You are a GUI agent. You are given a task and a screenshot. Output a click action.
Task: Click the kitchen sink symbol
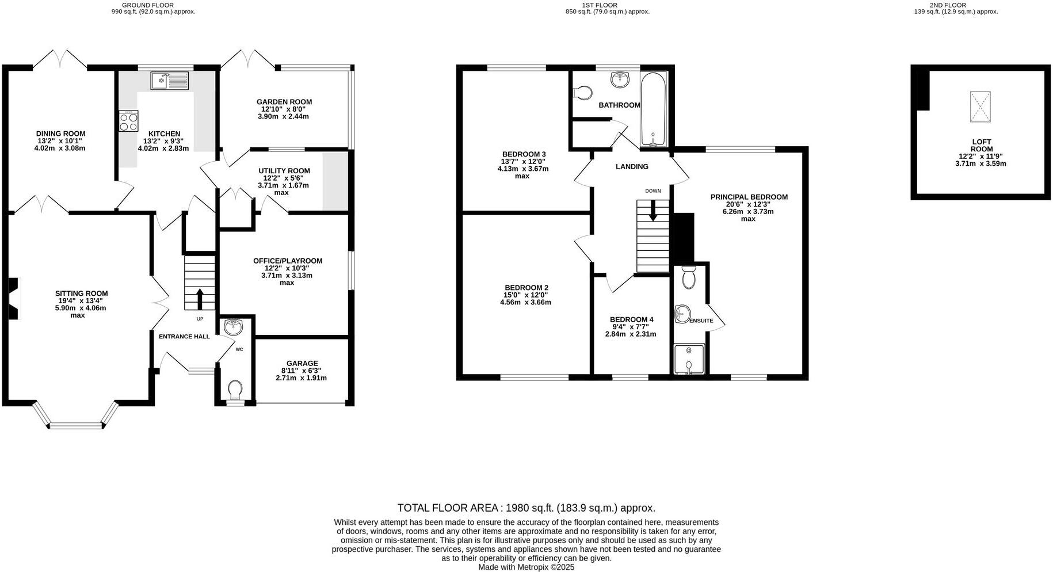click(170, 81)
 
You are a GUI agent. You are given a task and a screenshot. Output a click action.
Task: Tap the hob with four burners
click(128, 121)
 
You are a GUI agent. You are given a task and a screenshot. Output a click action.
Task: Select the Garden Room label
click(284, 102)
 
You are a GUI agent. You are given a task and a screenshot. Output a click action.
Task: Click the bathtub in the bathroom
click(653, 109)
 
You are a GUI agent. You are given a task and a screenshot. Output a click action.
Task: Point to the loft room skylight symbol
click(981, 106)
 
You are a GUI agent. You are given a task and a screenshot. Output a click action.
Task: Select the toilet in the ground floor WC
click(235, 390)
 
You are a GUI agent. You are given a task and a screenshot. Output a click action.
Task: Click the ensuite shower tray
click(689, 359)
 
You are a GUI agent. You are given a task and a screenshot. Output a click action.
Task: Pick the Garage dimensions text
click(301, 378)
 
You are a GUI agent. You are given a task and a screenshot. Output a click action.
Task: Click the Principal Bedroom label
click(749, 197)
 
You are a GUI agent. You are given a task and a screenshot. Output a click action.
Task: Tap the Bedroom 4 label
click(631, 319)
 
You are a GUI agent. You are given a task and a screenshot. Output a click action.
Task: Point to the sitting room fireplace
click(14, 299)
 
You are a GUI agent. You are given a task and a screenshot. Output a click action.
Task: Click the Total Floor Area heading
click(526, 508)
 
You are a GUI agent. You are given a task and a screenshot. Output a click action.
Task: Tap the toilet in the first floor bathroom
click(583, 93)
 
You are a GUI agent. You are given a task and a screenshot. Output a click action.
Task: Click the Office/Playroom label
click(288, 261)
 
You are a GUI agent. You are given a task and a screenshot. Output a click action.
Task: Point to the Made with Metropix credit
click(526, 567)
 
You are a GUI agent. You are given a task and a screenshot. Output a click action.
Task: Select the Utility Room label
click(284, 171)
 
